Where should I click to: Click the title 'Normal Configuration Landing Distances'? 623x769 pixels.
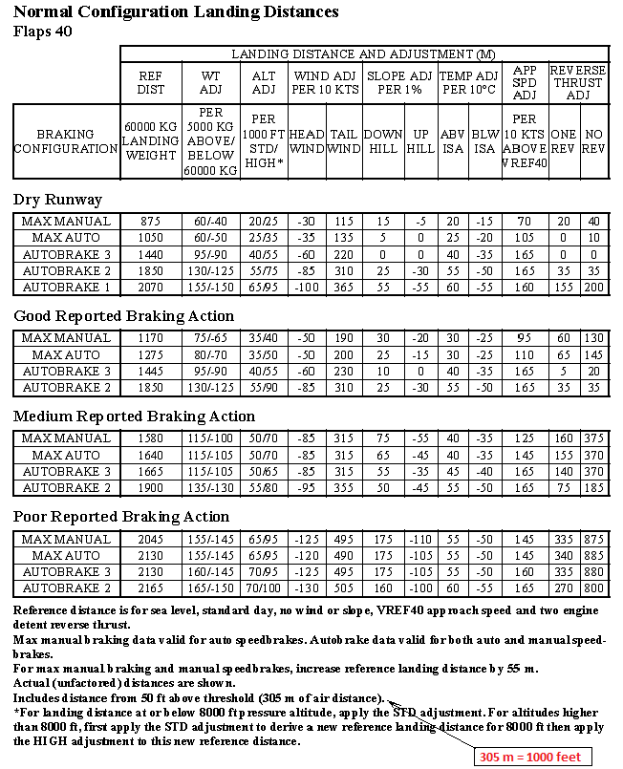(x=176, y=12)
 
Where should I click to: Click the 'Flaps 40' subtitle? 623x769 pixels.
(x=43, y=31)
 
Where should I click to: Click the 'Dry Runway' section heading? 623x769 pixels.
(x=57, y=200)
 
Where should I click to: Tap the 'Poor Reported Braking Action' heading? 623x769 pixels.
(x=121, y=517)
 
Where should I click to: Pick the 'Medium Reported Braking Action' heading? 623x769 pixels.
(x=134, y=417)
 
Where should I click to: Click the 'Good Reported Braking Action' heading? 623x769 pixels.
(x=123, y=316)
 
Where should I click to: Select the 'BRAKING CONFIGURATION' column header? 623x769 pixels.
(x=65, y=142)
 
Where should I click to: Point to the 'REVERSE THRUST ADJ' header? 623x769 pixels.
(x=578, y=82)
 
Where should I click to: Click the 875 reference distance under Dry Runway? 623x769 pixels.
(x=150, y=222)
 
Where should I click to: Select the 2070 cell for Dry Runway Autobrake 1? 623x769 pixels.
(x=150, y=287)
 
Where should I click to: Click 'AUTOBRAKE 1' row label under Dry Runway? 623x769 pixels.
(x=66, y=287)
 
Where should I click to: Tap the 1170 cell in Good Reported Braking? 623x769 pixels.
(x=150, y=338)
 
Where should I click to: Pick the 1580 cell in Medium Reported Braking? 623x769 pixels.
(x=150, y=438)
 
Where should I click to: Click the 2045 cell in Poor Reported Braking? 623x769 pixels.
(x=150, y=539)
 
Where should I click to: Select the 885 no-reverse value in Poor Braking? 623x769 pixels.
(x=595, y=555)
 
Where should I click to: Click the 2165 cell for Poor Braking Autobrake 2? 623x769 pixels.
(x=150, y=587)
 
